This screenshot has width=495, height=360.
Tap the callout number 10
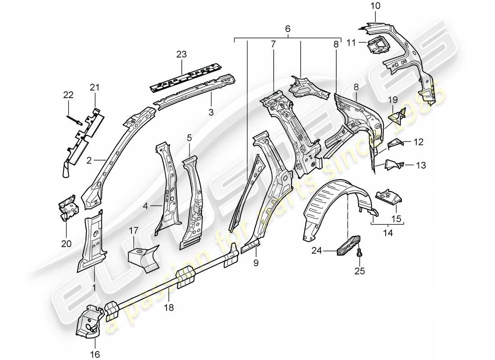[375, 6]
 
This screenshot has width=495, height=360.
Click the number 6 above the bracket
[288, 28]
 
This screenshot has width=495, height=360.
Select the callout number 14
[387, 233]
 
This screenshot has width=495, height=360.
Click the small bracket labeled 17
[140, 257]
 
